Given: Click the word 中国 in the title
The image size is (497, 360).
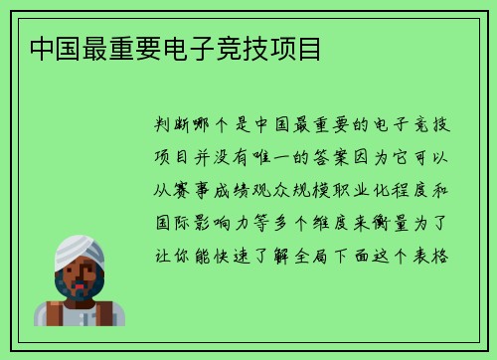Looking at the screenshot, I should point(58,49).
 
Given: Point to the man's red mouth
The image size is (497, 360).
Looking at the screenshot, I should point(81,283).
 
